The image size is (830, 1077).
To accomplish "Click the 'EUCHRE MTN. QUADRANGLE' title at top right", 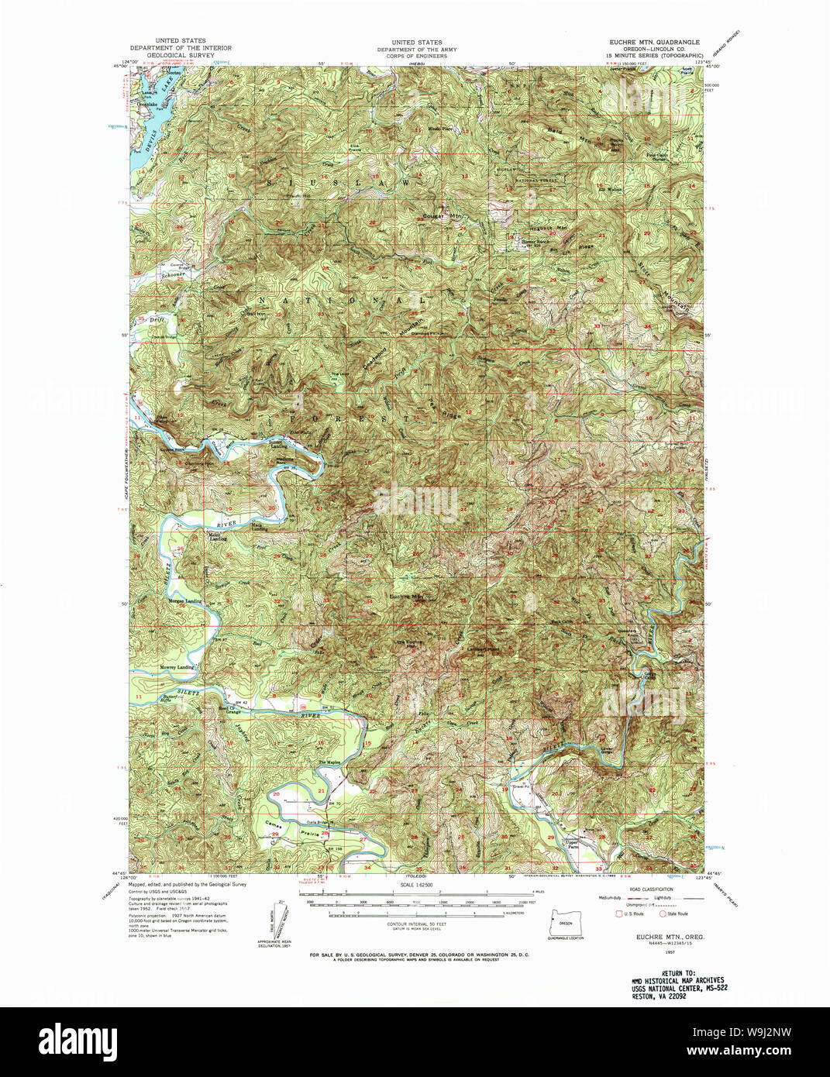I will click(x=655, y=42).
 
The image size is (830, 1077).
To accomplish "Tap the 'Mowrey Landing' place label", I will click(x=177, y=667).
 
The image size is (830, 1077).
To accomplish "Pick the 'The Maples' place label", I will click(x=331, y=762).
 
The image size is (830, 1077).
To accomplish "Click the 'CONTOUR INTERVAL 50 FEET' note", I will click(x=416, y=924).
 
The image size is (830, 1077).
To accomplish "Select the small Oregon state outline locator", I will click(x=565, y=921).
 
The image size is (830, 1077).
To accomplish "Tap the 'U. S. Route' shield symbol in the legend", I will click(x=618, y=914).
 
